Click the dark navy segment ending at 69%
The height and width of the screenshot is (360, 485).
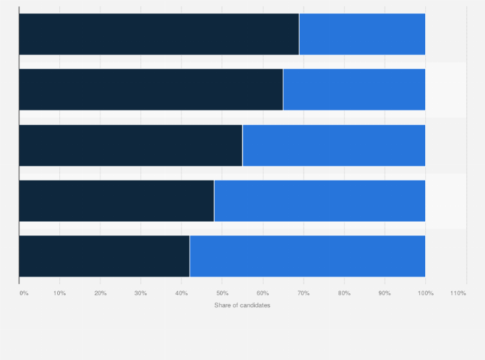pos(159,34)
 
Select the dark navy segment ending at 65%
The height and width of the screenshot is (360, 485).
pos(151,89)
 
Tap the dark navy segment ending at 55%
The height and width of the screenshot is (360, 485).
pos(131,145)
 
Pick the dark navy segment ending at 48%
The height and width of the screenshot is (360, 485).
pos(116,201)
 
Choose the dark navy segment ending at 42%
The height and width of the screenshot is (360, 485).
pos(104,256)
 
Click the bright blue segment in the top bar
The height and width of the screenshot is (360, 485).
pos(362,34)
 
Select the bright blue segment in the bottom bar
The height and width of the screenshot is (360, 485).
pos(307,256)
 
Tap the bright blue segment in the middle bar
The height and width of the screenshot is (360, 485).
pos(334,145)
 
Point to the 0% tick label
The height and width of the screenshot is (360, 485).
pos(24,293)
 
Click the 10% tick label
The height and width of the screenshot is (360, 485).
pos(60,293)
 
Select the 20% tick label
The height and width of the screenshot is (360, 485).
pos(100,293)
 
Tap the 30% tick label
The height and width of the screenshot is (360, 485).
pos(141,293)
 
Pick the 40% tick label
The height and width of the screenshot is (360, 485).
pos(181,293)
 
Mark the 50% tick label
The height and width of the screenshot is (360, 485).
pos(222,293)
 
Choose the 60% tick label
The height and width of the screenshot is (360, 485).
pos(262,293)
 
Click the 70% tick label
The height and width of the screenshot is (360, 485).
pos(303,293)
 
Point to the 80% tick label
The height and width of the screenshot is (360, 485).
pos(343,293)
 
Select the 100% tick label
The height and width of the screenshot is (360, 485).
pos(425,293)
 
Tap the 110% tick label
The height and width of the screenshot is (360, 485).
pos(458,293)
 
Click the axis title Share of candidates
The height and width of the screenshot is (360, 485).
pos(243,305)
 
